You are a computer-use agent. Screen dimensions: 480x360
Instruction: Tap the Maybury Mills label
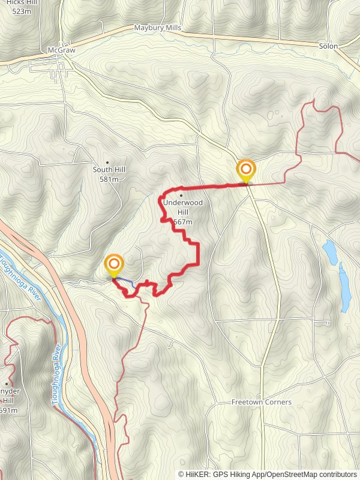(157, 28)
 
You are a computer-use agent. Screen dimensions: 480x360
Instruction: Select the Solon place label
(328, 46)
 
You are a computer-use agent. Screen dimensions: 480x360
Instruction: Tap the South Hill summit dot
(107, 162)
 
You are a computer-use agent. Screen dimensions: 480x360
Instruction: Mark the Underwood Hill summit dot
(181, 195)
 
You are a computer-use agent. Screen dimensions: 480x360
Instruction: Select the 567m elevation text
(182, 222)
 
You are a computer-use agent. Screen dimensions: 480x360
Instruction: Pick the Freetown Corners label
(262, 402)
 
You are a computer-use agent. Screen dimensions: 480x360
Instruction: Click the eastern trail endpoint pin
(245, 170)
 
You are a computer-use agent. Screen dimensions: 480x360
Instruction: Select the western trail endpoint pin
(114, 265)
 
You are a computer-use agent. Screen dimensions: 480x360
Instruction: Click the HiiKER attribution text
(268, 473)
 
